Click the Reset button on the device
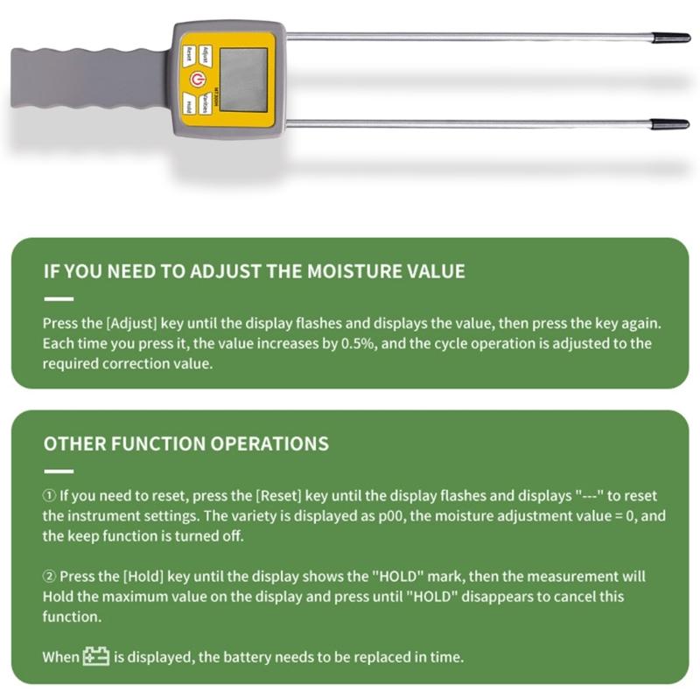coord(187,54)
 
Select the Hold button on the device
coord(187,106)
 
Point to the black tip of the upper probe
coord(673,38)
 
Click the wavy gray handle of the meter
coord(87,79)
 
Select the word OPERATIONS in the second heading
coord(269,444)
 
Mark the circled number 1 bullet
coord(50,494)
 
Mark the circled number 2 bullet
coord(50,577)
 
